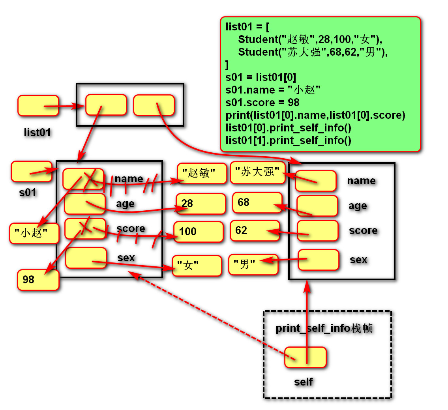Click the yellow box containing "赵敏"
click(202, 173)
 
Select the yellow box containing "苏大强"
click(258, 172)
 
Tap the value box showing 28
click(201, 204)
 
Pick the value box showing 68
click(257, 202)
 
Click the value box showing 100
click(199, 232)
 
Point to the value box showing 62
click(255, 230)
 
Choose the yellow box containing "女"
click(197, 266)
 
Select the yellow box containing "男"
click(253, 264)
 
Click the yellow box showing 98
click(38, 280)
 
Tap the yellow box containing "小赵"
click(34, 234)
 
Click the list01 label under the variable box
click(37, 133)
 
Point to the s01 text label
click(28, 193)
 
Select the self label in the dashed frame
click(304, 382)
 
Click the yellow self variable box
click(306, 357)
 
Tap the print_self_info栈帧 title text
click(324, 328)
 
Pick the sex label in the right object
click(358, 260)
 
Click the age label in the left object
click(125, 204)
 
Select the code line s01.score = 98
click(262, 102)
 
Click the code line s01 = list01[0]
click(261, 77)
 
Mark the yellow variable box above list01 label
click(38, 106)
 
